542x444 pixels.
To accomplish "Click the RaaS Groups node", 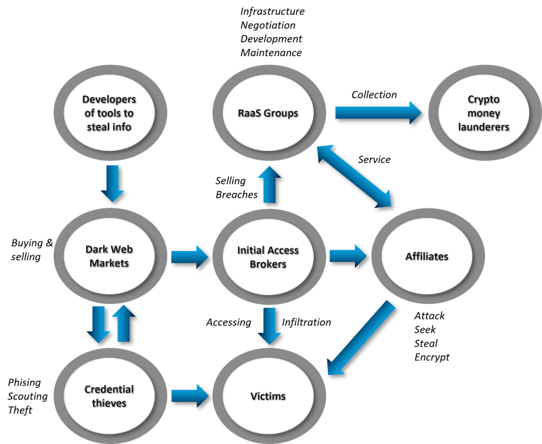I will point(268,113).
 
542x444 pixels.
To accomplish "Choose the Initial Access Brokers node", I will point(268,257).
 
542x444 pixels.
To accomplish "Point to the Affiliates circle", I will point(427,257).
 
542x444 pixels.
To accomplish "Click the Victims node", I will point(268,396).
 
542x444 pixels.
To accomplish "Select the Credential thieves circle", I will point(109,396).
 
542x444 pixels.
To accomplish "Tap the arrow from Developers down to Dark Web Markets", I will point(112,183).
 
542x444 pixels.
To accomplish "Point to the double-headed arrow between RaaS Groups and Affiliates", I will point(354,175).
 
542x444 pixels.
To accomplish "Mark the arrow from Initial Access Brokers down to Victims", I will point(269,326).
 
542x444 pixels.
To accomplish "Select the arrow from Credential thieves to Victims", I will point(189,396).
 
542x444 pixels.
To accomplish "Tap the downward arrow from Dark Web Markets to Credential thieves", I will point(99,324).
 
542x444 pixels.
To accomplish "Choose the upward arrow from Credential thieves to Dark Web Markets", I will point(123,323).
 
